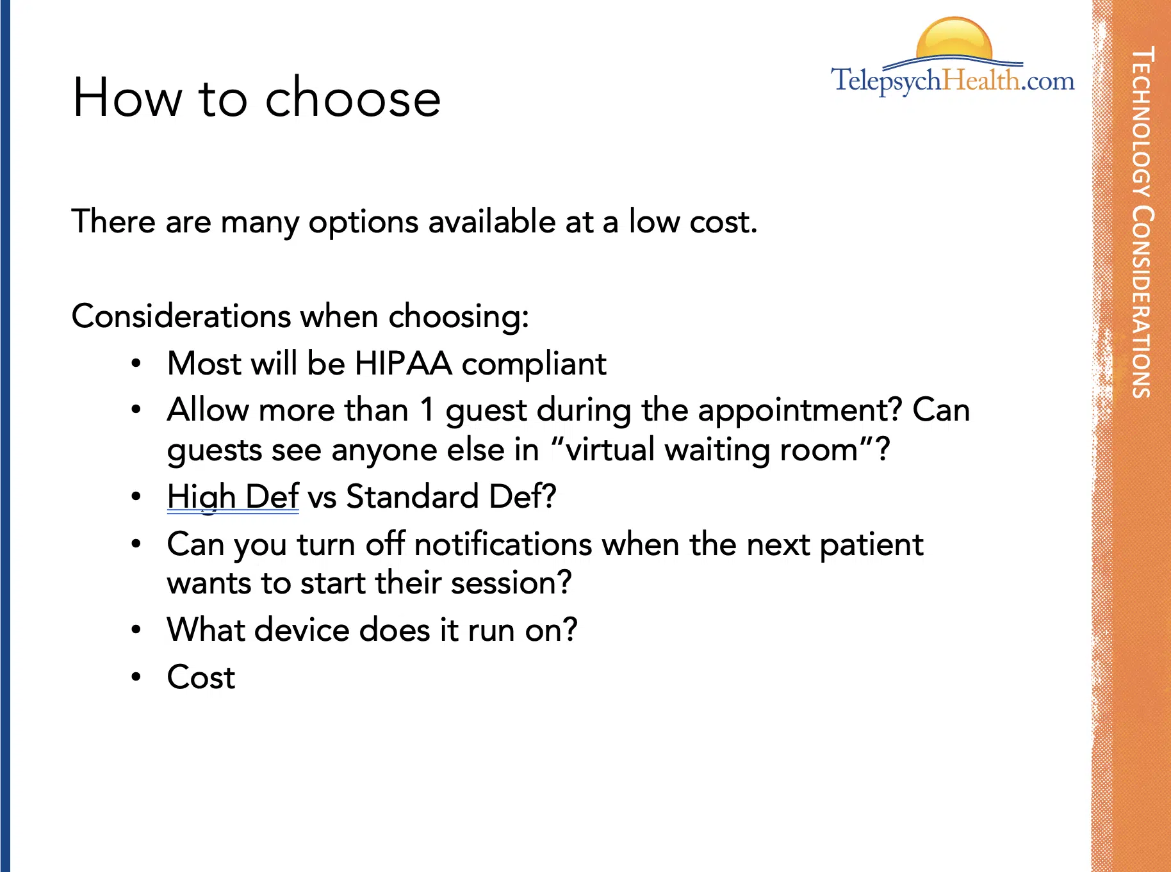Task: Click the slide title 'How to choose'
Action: pyautogui.click(x=257, y=97)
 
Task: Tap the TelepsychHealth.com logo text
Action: pyautogui.click(x=953, y=81)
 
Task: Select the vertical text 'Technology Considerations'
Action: pyautogui.click(x=1142, y=222)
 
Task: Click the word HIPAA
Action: pyautogui.click(x=404, y=363)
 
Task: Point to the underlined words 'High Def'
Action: pyautogui.click(x=233, y=497)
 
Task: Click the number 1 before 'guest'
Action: pyautogui.click(x=427, y=410)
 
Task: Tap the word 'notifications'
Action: pyautogui.click(x=503, y=545)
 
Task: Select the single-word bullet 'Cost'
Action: pyautogui.click(x=201, y=677)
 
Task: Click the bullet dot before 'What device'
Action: pyautogui.click(x=136, y=630)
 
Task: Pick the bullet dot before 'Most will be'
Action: pyautogui.click(x=136, y=364)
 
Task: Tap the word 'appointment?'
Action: pyautogui.click(x=800, y=411)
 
